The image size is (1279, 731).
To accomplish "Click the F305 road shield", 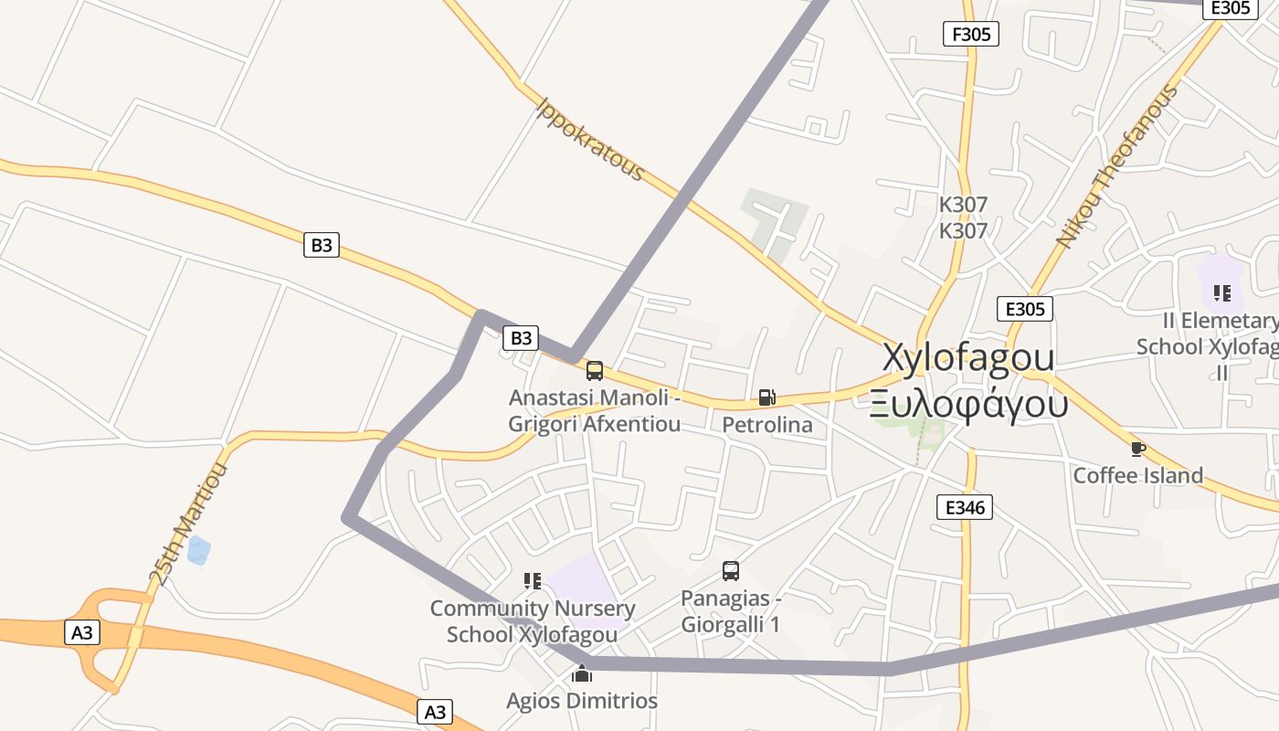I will click(970, 35).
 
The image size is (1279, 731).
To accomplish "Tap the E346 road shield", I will click(964, 507).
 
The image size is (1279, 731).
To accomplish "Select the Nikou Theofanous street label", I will click(1116, 167).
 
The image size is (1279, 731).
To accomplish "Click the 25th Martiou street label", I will click(188, 524).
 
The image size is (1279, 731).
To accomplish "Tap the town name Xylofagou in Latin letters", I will click(968, 357).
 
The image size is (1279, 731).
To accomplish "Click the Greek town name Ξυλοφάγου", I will click(968, 401).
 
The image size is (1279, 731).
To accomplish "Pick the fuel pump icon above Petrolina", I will click(766, 397).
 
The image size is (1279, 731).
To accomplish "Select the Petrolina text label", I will click(766, 425).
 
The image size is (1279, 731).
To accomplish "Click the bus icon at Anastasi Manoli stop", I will click(595, 371).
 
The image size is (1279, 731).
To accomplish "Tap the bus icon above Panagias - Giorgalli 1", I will click(731, 571).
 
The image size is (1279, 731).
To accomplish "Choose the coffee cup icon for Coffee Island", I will click(1137, 449).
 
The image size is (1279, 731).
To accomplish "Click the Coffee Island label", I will click(1137, 475).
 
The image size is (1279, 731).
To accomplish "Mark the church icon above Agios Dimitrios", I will click(582, 674).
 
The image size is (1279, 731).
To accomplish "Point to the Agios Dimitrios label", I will click(582, 701).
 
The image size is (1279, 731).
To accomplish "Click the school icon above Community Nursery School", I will click(533, 580).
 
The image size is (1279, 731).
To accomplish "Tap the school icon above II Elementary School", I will click(1221, 293).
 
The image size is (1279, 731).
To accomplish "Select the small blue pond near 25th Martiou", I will click(198, 550).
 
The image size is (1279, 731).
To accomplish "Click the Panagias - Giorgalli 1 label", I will click(731, 611).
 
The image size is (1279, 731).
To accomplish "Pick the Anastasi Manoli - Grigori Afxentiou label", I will click(595, 411).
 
